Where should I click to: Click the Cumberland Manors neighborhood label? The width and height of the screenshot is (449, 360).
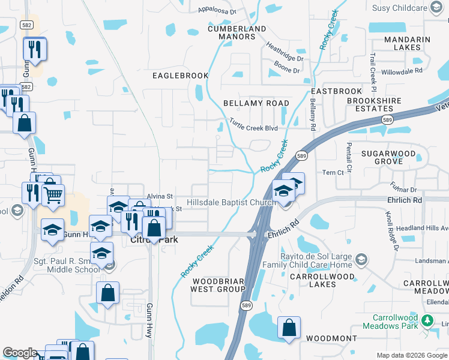(x=237, y=32)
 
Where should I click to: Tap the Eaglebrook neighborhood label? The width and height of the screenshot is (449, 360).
(x=180, y=76)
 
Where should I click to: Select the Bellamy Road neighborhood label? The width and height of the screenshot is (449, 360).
(x=256, y=103)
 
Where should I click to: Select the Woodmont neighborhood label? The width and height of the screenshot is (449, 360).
(x=331, y=338)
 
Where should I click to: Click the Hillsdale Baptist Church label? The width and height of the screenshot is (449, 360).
(x=231, y=203)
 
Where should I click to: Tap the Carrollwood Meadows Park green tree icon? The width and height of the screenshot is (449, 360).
(x=427, y=320)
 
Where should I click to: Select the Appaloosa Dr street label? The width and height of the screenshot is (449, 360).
(x=218, y=11)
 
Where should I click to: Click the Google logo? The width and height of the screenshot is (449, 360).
(x=20, y=353)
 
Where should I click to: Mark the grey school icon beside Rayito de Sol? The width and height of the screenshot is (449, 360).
(x=361, y=259)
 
